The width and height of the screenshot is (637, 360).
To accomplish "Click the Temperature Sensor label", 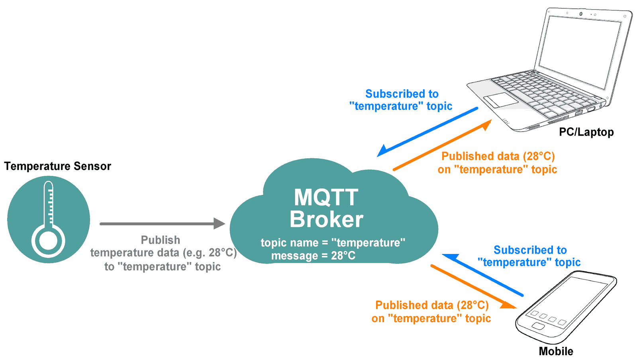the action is click(x=57, y=166).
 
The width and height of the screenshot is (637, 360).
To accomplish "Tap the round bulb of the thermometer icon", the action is click(x=48, y=241).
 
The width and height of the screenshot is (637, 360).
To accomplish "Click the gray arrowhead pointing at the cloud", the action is click(x=219, y=224).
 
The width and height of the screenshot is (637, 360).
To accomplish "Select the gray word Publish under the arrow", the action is click(x=161, y=240).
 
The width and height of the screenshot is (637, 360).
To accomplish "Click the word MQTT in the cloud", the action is click(x=326, y=197).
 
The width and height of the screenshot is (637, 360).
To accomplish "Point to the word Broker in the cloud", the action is click(x=326, y=219).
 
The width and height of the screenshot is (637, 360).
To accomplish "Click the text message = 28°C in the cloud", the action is click(x=313, y=256).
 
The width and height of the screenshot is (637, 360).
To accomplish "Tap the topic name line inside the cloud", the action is click(x=333, y=242).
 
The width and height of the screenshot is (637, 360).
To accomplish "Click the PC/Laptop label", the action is click(x=586, y=132).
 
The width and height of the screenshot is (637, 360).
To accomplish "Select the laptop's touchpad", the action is click(x=500, y=100).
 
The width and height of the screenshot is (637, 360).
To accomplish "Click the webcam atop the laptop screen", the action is click(x=580, y=14).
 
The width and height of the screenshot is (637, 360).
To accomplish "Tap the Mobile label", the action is click(x=556, y=351).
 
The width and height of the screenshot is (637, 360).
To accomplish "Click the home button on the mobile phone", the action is click(x=538, y=327).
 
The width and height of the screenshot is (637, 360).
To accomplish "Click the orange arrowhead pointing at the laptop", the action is click(x=486, y=125).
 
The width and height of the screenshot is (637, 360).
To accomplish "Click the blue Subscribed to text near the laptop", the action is click(x=402, y=94).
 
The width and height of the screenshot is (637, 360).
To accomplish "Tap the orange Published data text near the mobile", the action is click(x=432, y=305).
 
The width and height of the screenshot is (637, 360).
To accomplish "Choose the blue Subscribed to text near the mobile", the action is click(x=530, y=250).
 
